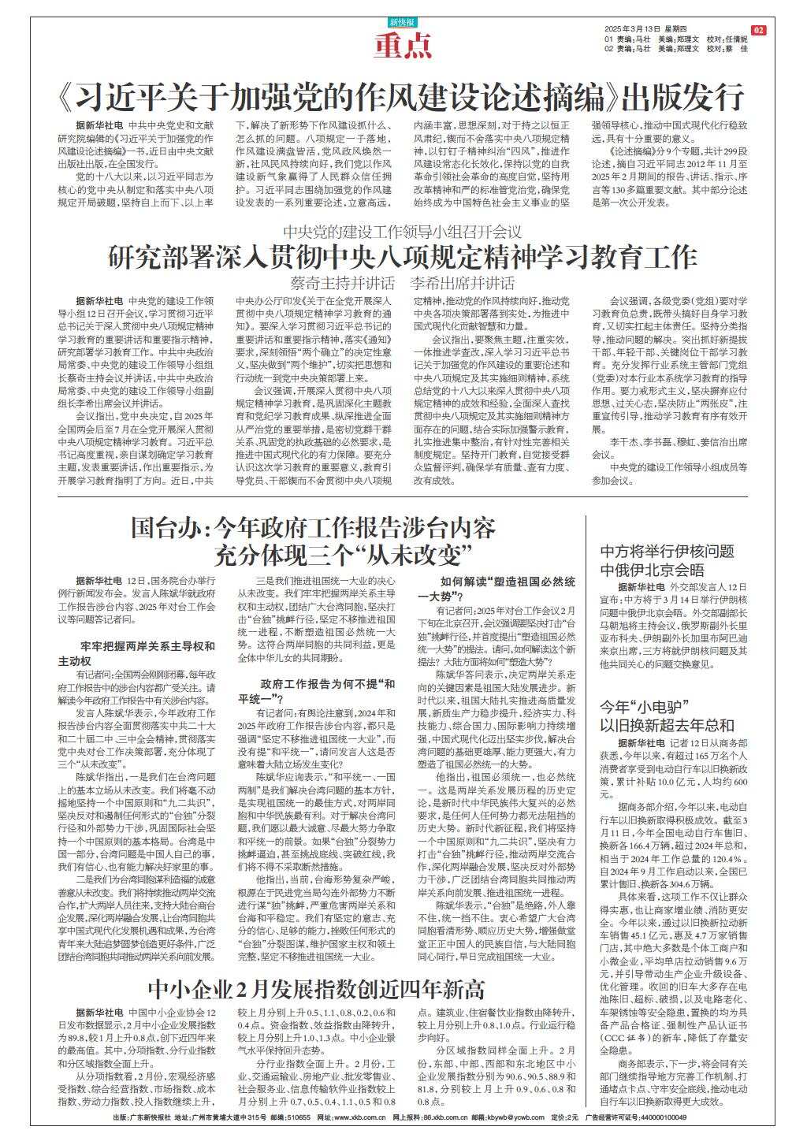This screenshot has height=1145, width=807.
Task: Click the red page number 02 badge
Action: (x=758, y=30)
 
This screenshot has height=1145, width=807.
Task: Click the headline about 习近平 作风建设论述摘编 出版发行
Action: (x=402, y=98)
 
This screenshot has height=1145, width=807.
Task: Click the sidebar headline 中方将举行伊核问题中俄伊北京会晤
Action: (x=656, y=560)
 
